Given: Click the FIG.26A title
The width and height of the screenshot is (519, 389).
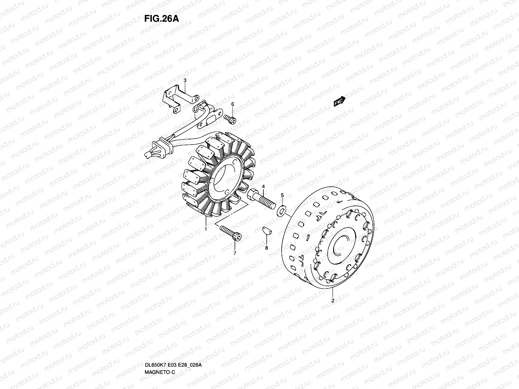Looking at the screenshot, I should pyautogui.click(x=161, y=18).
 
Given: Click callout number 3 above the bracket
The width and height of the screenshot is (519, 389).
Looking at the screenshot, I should pyautogui.click(x=185, y=80).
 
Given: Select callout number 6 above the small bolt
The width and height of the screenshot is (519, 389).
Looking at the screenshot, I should pyautogui.click(x=232, y=104).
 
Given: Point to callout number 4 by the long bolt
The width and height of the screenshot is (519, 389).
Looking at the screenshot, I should pyautogui.click(x=263, y=186).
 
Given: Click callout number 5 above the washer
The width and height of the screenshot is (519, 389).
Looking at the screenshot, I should pyautogui.click(x=282, y=195).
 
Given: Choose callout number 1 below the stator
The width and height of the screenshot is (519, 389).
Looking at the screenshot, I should pyautogui.click(x=206, y=229).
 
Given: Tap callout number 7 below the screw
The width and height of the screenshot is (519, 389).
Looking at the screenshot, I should pyautogui.click(x=235, y=253).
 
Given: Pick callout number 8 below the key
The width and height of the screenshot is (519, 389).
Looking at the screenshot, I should pyautogui.click(x=266, y=248).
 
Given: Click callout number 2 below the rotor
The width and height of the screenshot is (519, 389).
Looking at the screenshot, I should pyautogui.click(x=332, y=301).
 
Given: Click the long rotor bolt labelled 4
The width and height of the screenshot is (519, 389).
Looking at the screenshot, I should pyautogui.click(x=261, y=200).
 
